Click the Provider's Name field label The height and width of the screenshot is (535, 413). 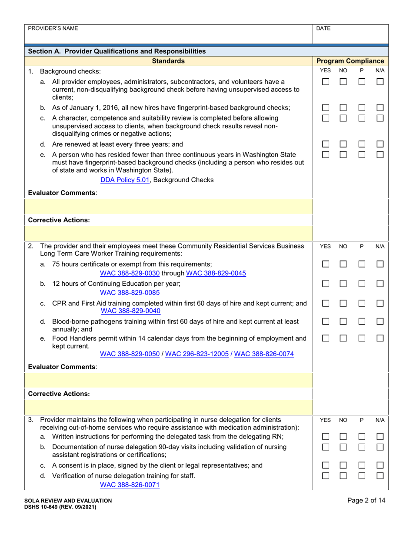pos(53,28)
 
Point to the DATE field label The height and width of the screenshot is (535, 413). pos(323,28)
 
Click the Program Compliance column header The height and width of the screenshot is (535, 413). pos(350,61)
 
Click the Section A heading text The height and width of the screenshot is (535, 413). pos(117,51)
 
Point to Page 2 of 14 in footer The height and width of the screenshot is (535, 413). pos(366,501)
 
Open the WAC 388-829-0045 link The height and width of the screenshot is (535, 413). pos(216,273)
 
